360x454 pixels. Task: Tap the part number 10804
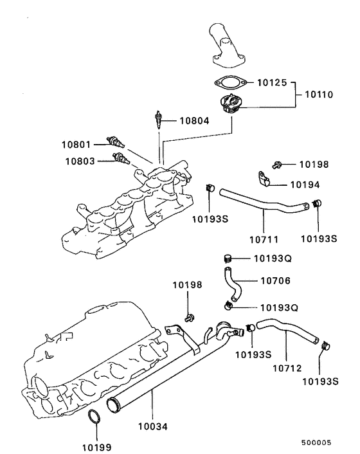point(194,120)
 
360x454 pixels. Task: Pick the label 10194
point(305,184)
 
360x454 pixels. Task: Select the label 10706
point(275,280)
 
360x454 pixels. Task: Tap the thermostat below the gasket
point(230,104)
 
